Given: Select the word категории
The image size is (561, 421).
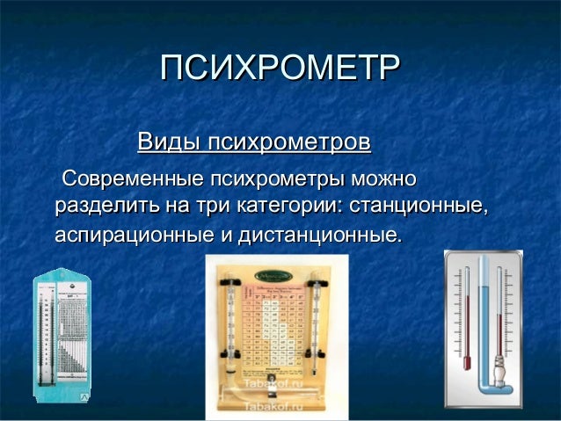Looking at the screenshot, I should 288,208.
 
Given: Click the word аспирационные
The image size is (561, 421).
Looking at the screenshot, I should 131,236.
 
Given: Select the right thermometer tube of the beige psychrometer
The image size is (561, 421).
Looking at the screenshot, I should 314,325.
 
